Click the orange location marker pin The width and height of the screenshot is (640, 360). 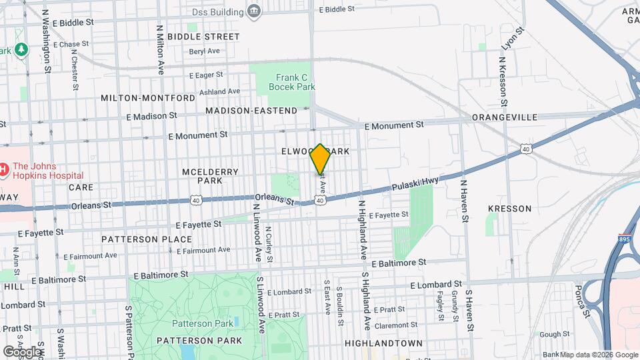tap(320, 159)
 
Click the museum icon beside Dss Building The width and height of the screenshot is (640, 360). tap(253, 10)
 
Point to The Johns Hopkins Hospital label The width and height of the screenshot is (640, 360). tap(43, 172)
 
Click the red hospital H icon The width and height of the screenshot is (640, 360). tap(3, 169)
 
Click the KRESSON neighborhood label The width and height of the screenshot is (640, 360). tap(509, 209)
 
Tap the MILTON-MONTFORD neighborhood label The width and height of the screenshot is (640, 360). tap(147, 98)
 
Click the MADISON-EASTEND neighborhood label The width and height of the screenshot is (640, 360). tap(251, 110)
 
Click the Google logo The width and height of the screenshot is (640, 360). tap(22, 351)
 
